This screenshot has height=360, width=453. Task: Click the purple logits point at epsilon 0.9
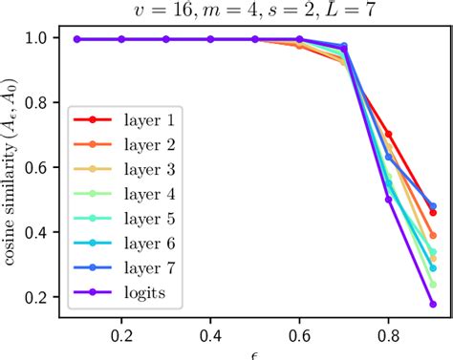point(433,305)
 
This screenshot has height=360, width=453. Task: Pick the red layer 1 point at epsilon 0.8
point(388,135)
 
